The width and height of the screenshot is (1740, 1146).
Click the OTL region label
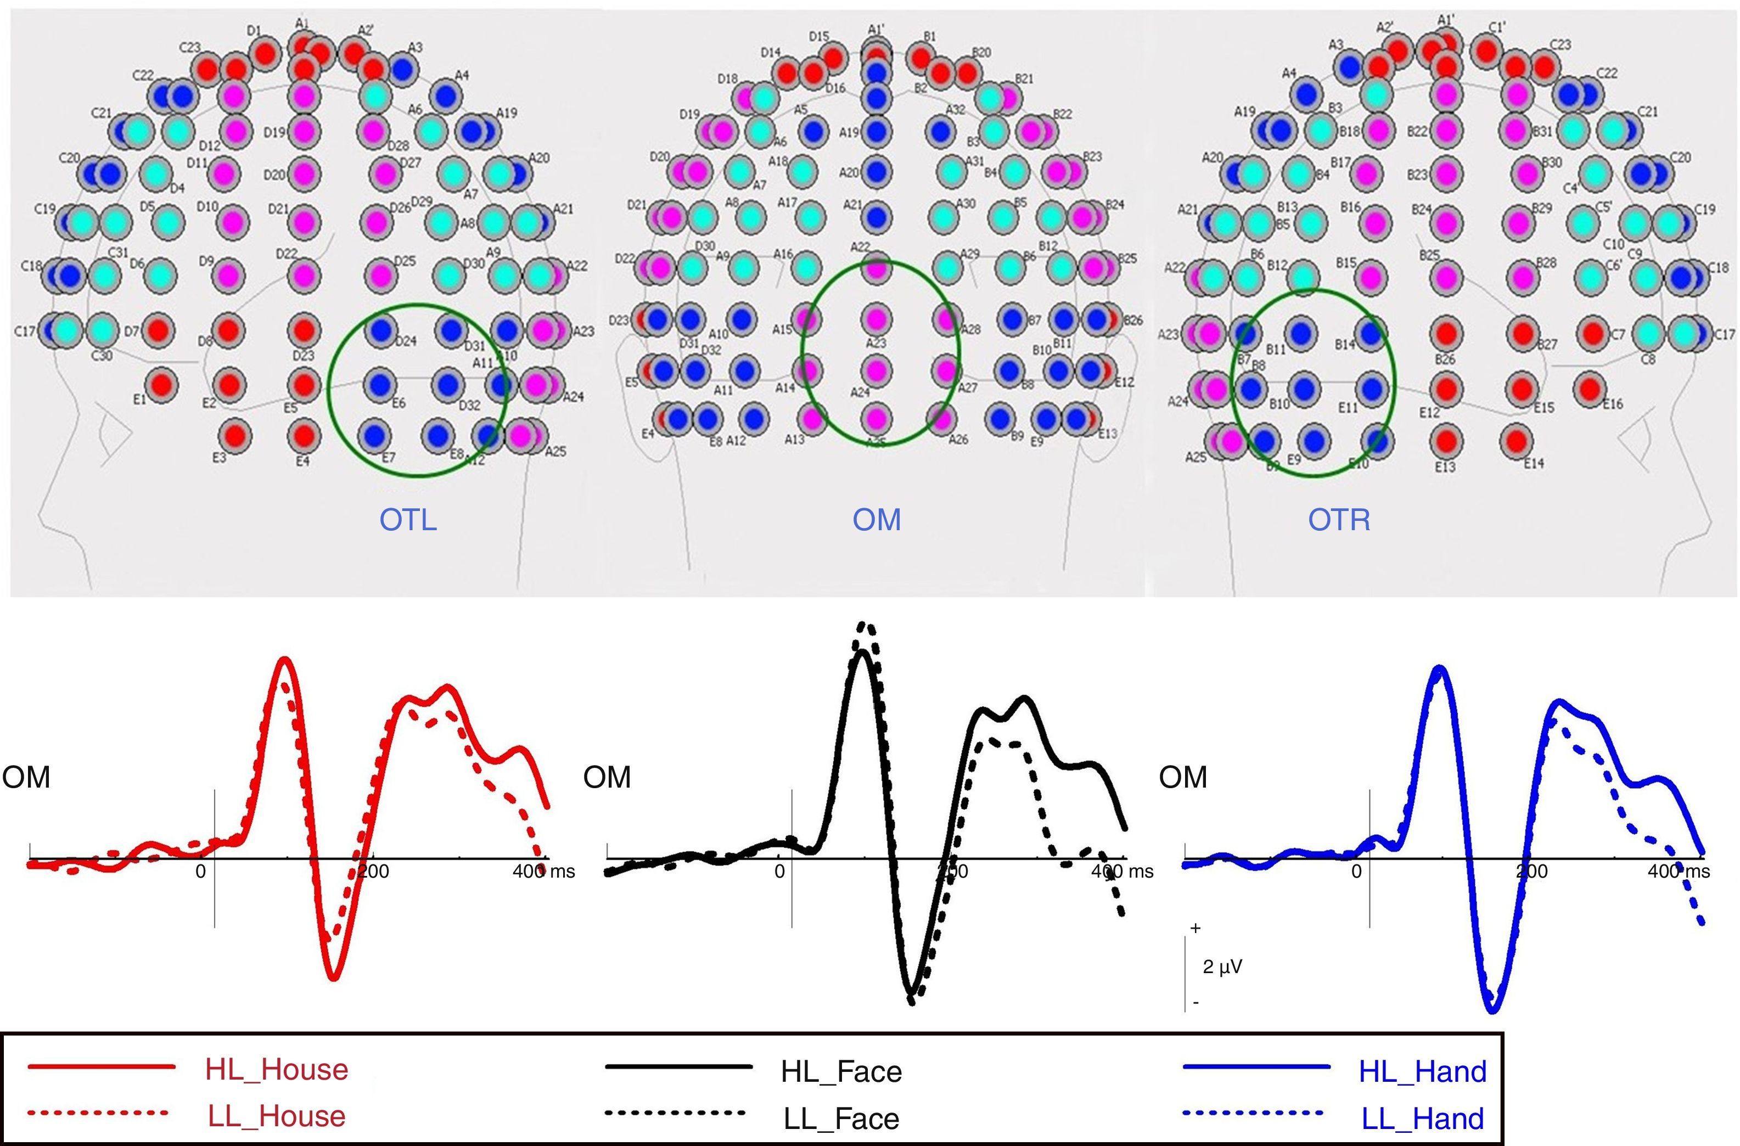[408, 520]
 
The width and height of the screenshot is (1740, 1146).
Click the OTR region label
[1339, 520]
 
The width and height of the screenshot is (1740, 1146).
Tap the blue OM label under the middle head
[877, 520]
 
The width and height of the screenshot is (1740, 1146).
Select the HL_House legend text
[276, 1069]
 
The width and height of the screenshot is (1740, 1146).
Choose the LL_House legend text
[276, 1116]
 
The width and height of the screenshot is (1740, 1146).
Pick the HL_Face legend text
[841, 1071]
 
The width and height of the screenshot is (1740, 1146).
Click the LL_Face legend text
[841, 1118]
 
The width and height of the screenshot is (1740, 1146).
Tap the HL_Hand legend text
[1422, 1071]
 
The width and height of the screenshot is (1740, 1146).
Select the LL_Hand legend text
[1422, 1118]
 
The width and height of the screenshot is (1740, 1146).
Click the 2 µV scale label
[1222, 967]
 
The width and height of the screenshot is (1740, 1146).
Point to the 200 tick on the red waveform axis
[373, 871]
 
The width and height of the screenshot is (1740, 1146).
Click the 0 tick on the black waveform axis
[780, 871]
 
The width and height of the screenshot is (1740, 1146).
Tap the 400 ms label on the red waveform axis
[543, 871]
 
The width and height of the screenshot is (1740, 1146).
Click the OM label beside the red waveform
[26, 777]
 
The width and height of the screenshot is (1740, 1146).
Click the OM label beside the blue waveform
[1183, 777]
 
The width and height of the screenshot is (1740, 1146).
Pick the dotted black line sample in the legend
[675, 1113]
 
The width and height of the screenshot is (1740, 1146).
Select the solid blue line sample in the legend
[1255, 1067]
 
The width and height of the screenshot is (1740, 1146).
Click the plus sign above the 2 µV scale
[1195, 928]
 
